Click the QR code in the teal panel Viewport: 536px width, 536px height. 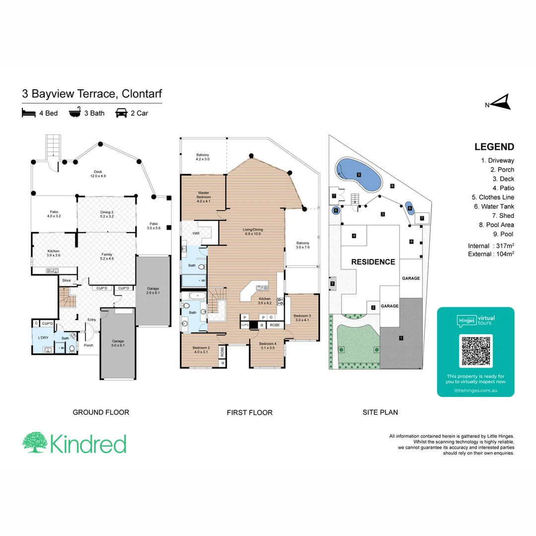475,351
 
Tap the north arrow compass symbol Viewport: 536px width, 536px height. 502,103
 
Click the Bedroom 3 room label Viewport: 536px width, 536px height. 302,318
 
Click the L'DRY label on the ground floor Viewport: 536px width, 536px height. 43,338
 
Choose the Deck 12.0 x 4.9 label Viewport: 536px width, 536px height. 98,174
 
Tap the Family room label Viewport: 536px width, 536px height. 107,256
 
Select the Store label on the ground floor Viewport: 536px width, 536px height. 66,281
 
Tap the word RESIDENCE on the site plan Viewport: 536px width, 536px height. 373,262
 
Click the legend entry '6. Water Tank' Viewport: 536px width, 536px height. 494,206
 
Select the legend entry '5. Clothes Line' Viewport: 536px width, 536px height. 493,197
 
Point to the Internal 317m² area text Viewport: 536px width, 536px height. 490,246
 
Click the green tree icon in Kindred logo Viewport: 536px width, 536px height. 34,443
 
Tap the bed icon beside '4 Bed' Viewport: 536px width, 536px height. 29,113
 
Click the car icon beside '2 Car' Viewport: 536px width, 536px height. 121,113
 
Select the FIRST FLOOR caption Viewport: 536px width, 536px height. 249,412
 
